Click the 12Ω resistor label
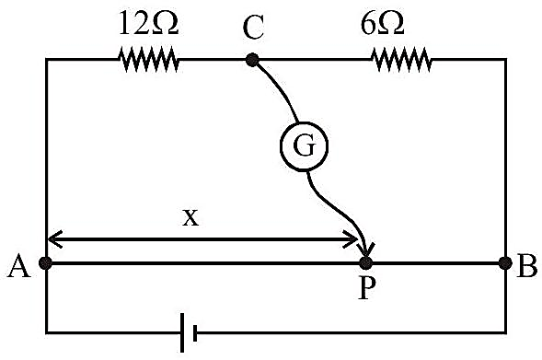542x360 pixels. pos(148,23)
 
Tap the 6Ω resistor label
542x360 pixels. pos(382,24)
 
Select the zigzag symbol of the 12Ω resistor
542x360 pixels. pos(149,60)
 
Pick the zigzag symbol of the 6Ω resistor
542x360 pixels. pos(401,60)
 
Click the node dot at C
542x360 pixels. pos(252,60)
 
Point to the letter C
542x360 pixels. pos(253,28)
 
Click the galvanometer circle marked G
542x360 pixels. pos(304,146)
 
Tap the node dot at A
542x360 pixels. pos(45,263)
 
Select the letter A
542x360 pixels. pos(19,267)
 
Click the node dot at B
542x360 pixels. pos(505,263)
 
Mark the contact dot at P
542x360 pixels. pos(366,263)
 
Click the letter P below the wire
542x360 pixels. pos(366,287)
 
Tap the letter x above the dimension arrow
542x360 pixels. pos(190,218)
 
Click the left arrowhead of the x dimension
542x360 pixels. pos(54,239)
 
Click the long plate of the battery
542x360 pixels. pos(182,332)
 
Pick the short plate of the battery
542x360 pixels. pos(195,333)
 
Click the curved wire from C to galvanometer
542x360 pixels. pos(278,89)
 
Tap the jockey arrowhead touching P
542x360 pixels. pos(366,249)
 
